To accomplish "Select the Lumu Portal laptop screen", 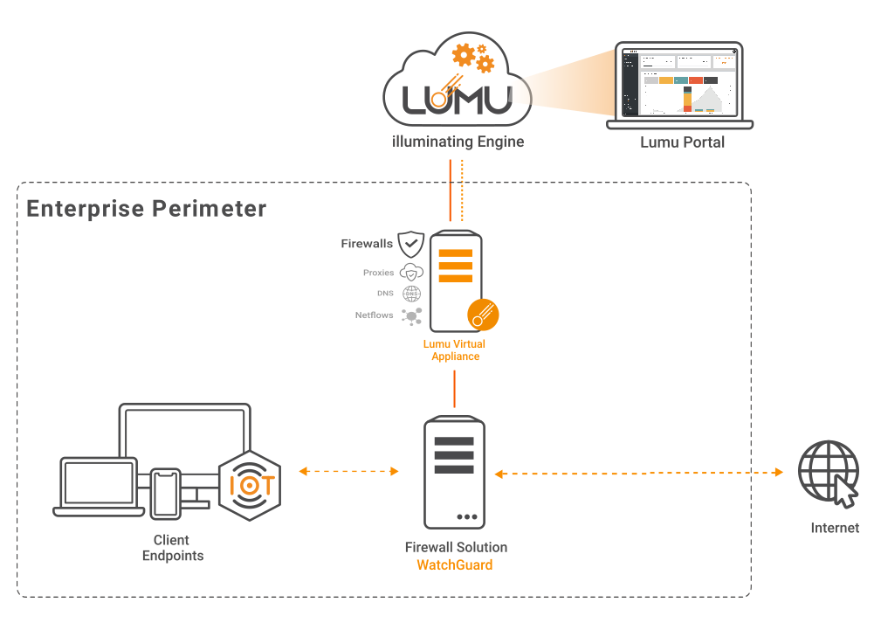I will point(678,82).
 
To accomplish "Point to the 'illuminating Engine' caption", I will point(458,141).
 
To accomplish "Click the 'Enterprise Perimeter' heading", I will point(146,209).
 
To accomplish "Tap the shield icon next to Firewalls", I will point(411,244).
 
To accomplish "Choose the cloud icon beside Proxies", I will point(411,273).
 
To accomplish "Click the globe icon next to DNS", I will point(411,294).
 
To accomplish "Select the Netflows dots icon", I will point(411,316).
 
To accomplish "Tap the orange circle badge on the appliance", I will point(482,314).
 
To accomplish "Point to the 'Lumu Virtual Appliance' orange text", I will point(454,350).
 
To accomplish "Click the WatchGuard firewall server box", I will point(454,473).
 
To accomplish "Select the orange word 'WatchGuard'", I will point(454,565).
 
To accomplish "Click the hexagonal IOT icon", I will point(250,485).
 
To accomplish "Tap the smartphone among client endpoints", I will point(165,493).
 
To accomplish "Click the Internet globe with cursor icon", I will point(829,473).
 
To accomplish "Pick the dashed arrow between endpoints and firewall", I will point(348,472).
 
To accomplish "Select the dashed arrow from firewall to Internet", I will point(638,473).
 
